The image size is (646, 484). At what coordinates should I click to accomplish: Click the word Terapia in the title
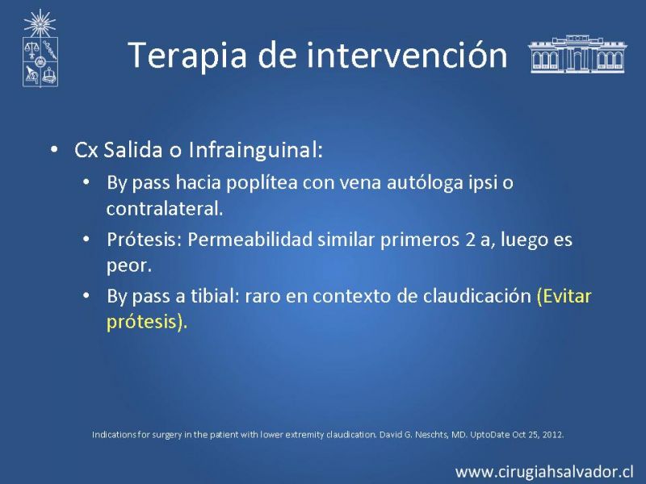187,55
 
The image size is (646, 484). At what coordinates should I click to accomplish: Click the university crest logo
40,48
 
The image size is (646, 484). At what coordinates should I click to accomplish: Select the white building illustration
577,54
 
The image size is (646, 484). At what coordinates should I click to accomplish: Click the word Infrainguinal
255,149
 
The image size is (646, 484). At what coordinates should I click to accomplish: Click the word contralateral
165,208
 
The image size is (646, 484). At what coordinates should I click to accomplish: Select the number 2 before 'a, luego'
471,240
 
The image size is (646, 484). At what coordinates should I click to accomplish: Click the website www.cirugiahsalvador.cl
544,472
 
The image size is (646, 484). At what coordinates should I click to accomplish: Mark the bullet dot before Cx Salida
54,149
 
